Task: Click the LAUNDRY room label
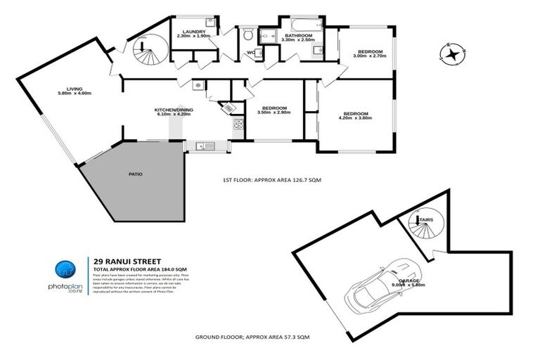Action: [193, 32]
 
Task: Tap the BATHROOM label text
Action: [293, 35]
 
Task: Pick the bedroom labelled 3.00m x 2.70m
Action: [369, 53]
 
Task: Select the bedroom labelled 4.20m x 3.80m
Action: [356, 114]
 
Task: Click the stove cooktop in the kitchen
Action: [238, 125]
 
